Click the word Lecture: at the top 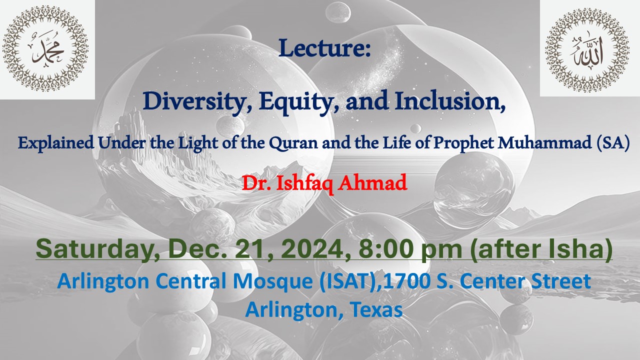click(324, 47)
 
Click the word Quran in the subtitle click(293, 143)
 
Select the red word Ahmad click(372, 183)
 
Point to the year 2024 click(317, 249)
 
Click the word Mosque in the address click(273, 281)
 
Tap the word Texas click(376, 309)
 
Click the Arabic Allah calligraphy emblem click(587, 50)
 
